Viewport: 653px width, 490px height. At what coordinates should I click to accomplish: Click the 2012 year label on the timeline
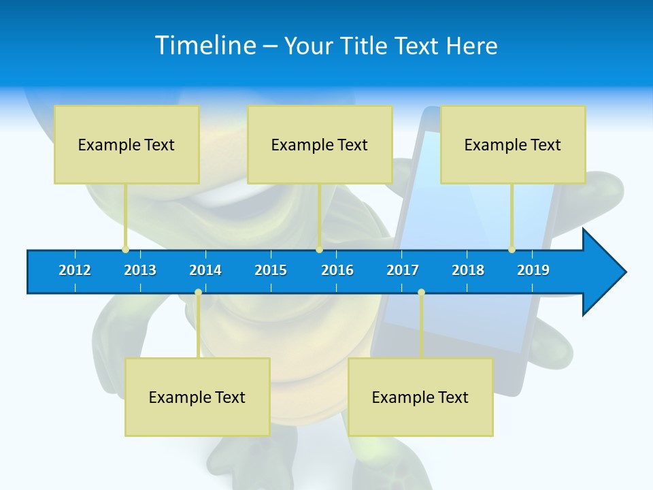[75, 270]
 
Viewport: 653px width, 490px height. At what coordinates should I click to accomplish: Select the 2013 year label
[140, 270]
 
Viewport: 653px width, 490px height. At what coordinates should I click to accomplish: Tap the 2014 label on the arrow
[205, 270]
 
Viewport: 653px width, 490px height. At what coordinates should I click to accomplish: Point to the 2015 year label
[271, 270]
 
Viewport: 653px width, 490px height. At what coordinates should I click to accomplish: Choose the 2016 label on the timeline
[337, 270]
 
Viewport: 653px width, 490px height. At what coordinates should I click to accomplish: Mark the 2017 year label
[403, 270]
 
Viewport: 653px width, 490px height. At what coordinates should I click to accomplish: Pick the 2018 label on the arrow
[468, 270]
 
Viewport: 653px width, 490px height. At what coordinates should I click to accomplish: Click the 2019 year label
[533, 270]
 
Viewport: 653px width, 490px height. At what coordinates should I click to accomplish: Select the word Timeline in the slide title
[205, 46]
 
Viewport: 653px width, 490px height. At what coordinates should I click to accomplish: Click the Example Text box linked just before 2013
[127, 144]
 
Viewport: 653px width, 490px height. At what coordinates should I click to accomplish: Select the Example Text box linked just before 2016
[320, 144]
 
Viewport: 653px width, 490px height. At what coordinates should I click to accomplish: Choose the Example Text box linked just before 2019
[513, 144]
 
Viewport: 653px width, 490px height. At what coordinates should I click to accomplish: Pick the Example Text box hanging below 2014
[197, 397]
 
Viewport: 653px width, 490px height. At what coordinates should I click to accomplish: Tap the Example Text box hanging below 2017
[420, 397]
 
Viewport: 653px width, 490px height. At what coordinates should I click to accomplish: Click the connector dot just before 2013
[125, 250]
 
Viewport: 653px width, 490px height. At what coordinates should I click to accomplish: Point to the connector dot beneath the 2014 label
[198, 293]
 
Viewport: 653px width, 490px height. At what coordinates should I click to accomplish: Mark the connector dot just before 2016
[319, 250]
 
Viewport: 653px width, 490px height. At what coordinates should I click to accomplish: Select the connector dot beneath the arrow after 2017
[421, 293]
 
